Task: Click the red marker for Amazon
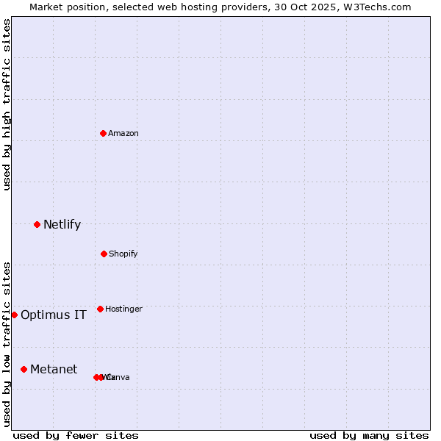(103, 133)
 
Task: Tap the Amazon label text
(123, 134)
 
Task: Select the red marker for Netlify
(37, 224)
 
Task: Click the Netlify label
(62, 225)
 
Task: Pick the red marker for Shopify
(104, 254)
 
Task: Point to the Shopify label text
(123, 254)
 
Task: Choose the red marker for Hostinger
(100, 309)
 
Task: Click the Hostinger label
(123, 309)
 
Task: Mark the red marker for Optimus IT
(14, 315)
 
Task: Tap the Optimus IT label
(54, 315)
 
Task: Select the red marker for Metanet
(24, 369)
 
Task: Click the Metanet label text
(54, 370)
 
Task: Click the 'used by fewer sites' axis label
(76, 435)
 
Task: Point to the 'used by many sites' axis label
(369, 435)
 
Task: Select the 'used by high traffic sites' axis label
(7, 104)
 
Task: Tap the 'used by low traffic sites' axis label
(7, 344)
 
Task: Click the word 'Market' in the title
(47, 7)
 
